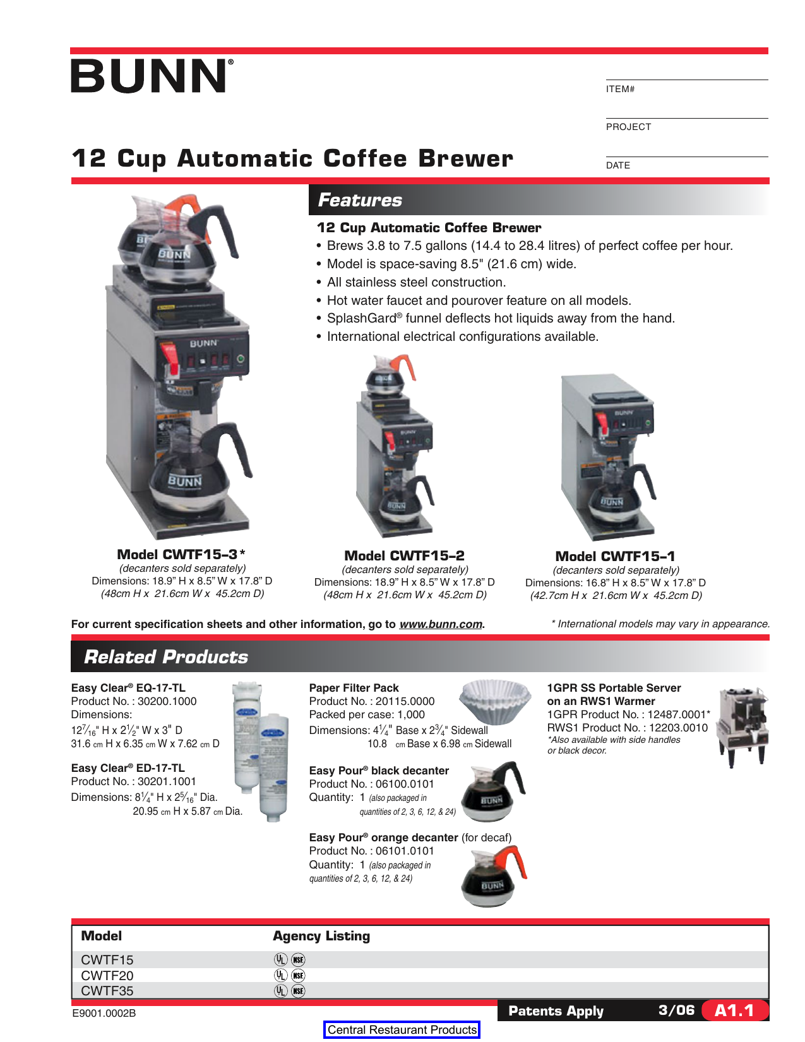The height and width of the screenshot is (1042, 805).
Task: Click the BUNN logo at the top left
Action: (152, 76)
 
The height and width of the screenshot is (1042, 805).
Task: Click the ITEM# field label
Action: (620, 89)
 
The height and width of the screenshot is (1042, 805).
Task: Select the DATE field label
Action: (617, 165)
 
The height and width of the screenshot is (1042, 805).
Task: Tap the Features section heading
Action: (360, 200)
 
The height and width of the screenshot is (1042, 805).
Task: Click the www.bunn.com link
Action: (441, 624)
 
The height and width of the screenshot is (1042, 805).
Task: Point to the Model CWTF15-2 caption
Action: (404, 555)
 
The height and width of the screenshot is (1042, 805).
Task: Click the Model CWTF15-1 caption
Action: (615, 556)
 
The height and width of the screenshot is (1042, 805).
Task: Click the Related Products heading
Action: (166, 657)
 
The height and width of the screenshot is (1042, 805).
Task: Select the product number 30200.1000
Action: (167, 701)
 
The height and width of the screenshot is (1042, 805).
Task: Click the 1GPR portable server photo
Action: (743, 726)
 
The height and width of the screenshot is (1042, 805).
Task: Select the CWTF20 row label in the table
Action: (107, 975)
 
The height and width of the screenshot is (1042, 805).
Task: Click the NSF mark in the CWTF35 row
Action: (298, 991)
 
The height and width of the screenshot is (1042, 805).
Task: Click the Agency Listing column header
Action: (321, 936)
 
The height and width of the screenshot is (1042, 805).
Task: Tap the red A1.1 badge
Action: (734, 1010)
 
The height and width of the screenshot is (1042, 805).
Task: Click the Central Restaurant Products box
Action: (402, 1029)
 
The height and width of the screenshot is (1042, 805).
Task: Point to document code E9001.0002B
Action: (104, 1013)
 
